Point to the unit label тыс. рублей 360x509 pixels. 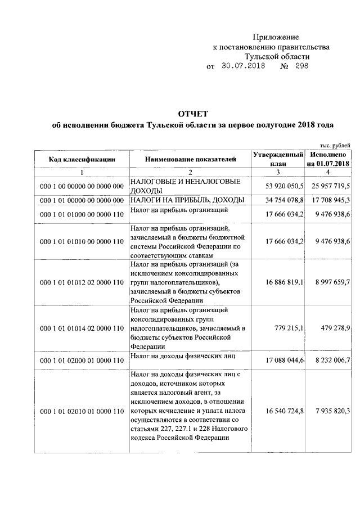pos(335,145)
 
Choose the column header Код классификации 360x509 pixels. pos(82,159)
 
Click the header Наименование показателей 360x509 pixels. pos(191,159)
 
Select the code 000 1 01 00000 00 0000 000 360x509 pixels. pos(82,200)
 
